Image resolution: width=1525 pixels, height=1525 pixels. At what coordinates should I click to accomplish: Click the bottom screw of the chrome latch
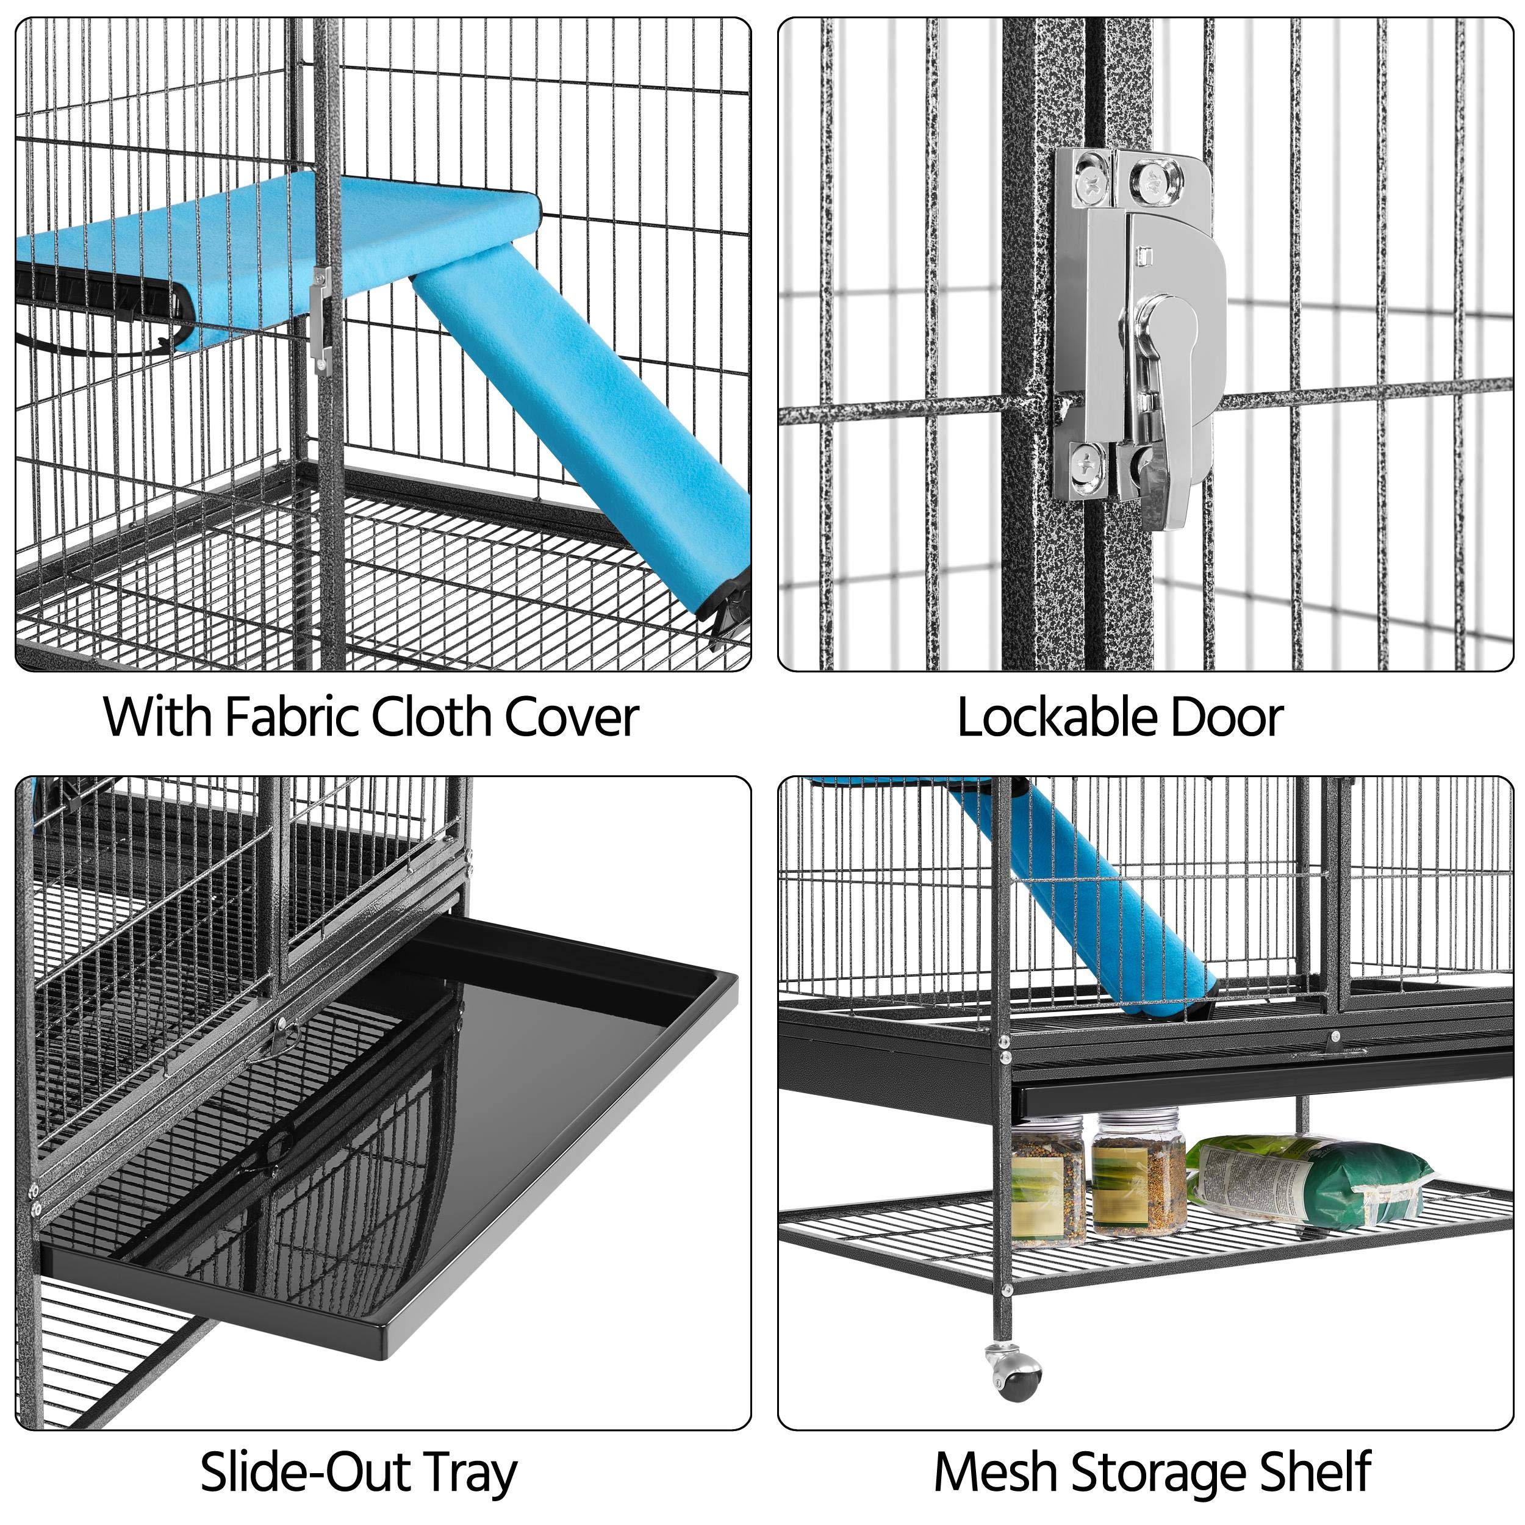coord(1087,462)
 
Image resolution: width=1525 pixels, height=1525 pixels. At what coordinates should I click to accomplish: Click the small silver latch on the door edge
coord(320,316)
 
